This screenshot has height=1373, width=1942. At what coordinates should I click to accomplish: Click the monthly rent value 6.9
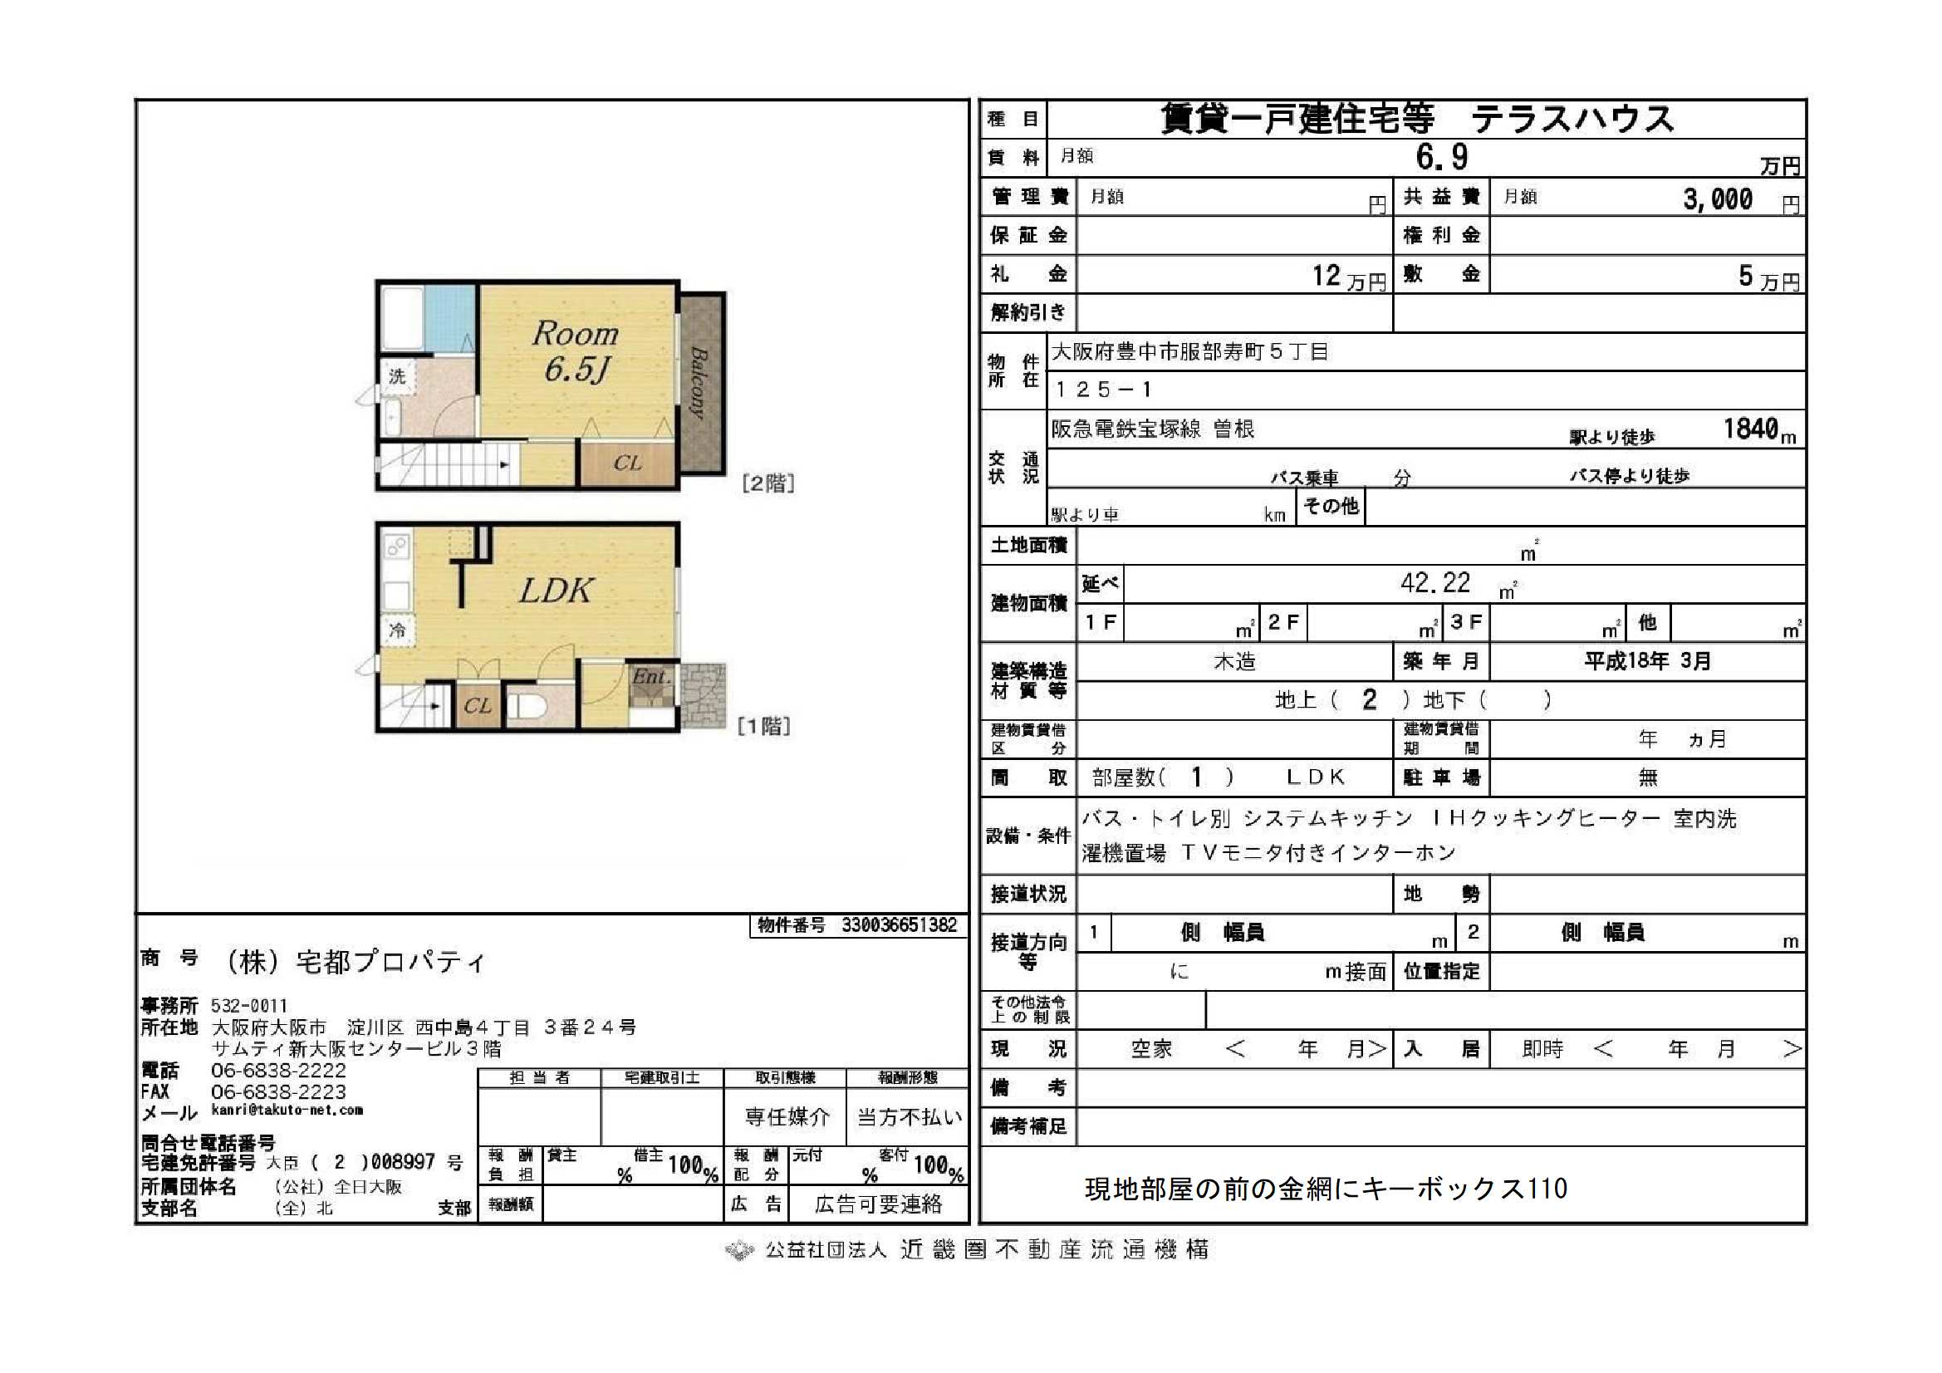point(1441,157)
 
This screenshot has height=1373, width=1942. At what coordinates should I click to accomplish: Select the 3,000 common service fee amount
point(1717,199)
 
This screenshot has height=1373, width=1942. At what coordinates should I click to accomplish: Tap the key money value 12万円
point(1348,277)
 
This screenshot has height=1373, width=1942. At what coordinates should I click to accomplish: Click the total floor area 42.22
point(1434,583)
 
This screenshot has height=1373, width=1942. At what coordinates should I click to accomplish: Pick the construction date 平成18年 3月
point(1647,660)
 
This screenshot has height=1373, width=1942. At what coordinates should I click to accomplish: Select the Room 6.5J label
point(576,352)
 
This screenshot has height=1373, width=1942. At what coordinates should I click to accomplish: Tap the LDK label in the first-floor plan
point(556,591)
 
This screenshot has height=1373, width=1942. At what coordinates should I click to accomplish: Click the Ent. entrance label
point(651,677)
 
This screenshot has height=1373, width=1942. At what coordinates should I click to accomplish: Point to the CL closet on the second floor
point(627,463)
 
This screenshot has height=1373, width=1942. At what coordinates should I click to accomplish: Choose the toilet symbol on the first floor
point(529,706)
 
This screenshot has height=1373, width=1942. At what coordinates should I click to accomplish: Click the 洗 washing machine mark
point(398,375)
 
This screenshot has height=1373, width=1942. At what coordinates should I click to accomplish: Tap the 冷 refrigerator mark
point(398,630)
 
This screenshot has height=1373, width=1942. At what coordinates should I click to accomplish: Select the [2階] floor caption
point(768,483)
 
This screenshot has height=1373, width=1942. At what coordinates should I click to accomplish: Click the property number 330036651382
point(898,924)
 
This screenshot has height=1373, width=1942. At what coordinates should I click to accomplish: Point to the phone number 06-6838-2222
point(278,1070)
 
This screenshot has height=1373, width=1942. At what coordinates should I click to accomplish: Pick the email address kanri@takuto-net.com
point(287,1110)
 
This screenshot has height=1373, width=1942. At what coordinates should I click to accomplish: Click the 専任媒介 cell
point(787,1116)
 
